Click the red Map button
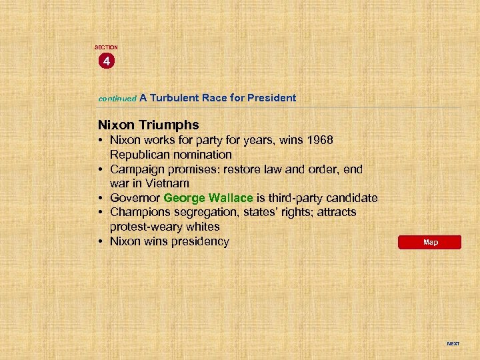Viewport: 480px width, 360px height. coord(430,242)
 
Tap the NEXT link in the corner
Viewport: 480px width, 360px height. coord(453,344)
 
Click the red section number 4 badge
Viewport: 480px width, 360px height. coord(105,61)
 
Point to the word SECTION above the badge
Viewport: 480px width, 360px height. coord(106,47)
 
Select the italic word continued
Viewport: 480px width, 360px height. coord(117,98)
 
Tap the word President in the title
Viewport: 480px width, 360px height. coord(271,97)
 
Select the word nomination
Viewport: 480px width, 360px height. coord(201,155)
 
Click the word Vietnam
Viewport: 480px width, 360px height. coord(167,183)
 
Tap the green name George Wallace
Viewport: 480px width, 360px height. coord(208,198)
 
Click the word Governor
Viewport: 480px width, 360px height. coord(135,198)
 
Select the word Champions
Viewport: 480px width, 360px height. coord(140,213)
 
